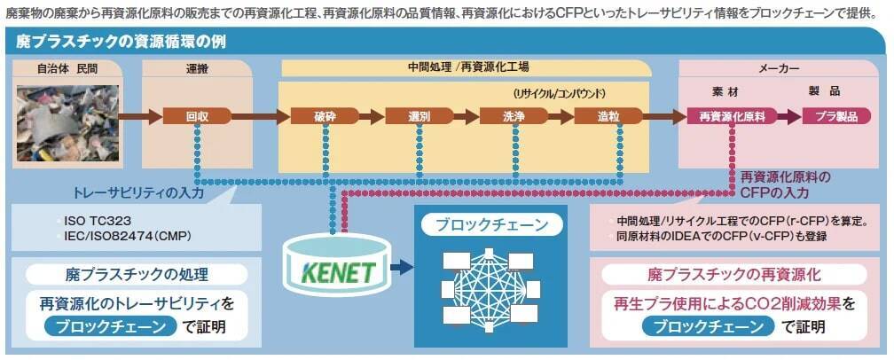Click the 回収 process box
[x=197, y=116]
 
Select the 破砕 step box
[x=325, y=116]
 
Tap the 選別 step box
[x=420, y=116]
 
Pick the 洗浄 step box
[x=514, y=116]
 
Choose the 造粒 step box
[x=608, y=116]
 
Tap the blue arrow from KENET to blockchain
[x=402, y=266]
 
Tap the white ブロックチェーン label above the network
[x=491, y=224]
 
